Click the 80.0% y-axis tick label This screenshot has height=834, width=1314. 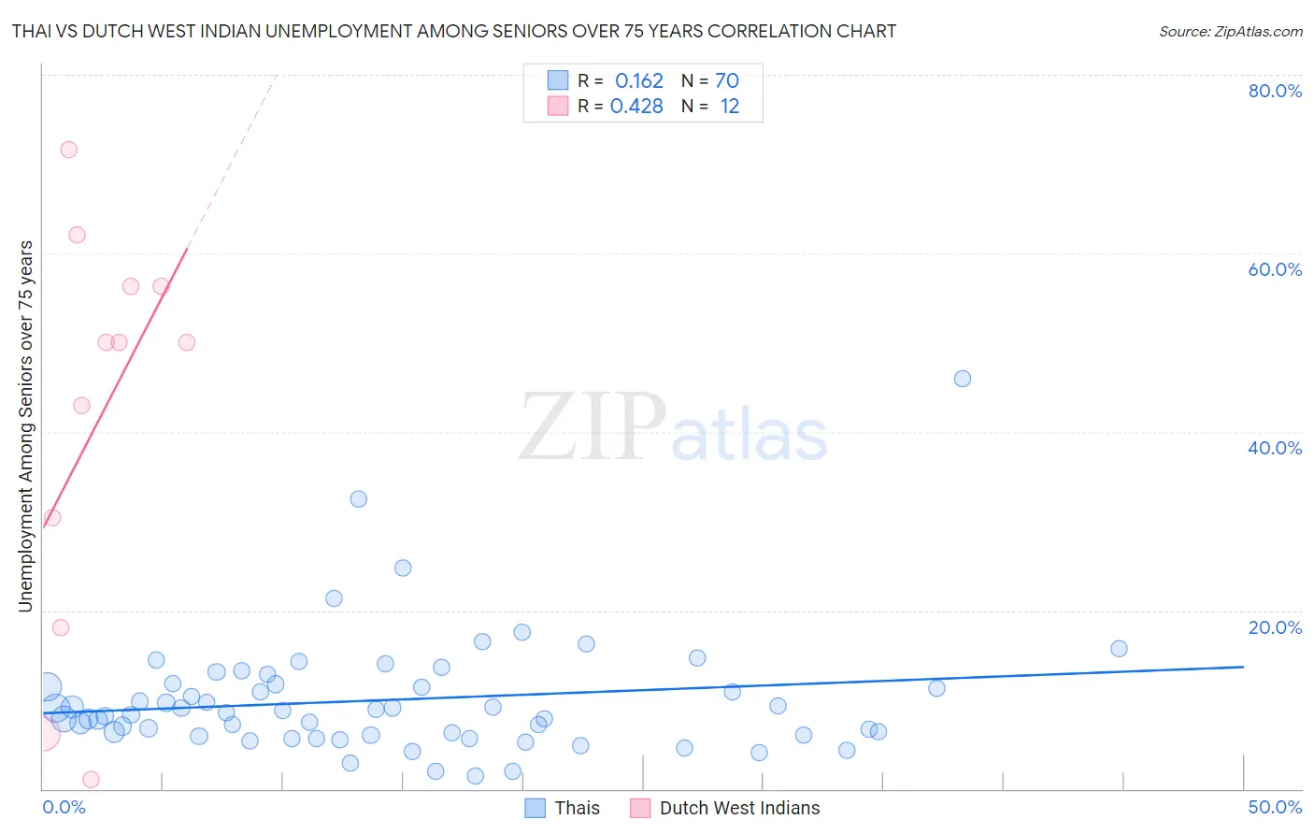(1275, 91)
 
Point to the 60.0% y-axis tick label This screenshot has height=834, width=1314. (1275, 269)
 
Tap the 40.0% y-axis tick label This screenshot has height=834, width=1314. (1275, 448)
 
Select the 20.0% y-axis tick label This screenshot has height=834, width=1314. (1275, 626)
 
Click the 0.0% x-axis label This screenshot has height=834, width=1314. (64, 807)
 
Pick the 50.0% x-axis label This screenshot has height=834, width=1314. (1275, 807)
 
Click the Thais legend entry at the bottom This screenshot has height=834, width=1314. (563, 808)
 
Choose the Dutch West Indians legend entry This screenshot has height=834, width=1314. (726, 808)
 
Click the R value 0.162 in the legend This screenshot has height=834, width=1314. (638, 81)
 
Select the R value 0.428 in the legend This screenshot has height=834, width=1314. (636, 107)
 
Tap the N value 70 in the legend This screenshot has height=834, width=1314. (727, 81)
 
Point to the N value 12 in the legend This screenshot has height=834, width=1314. (729, 107)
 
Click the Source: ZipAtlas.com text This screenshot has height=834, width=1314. (1230, 32)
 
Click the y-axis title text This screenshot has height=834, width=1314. (25, 426)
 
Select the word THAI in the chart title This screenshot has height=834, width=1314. (33, 32)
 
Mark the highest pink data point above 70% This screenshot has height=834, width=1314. (68, 150)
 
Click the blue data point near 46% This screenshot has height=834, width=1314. (963, 379)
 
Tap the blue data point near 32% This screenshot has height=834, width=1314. (359, 499)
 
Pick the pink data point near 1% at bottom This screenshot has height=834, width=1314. (91, 780)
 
